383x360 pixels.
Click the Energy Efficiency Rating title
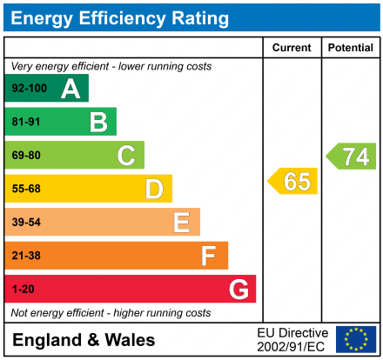coord(120,17)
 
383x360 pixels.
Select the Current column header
coord(292,48)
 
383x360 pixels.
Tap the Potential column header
coord(351,48)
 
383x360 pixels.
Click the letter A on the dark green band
coord(71,89)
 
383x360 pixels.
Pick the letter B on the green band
coord(98,122)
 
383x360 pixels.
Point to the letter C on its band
coord(126,156)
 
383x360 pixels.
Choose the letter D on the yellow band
coord(154,189)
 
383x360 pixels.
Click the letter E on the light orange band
coord(181,223)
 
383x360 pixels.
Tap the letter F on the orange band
coord(209,256)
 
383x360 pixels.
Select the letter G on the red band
coord(238,289)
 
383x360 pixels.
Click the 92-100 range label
coord(29,89)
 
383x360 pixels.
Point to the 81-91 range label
coord(26,123)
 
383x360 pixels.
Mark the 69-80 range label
coord(26,156)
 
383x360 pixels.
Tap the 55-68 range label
coord(26,189)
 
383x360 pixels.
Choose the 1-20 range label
coord(24,290)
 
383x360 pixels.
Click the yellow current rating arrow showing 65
coord(293,182)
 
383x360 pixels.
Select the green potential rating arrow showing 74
coord(352,157)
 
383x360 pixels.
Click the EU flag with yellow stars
coord(356,339)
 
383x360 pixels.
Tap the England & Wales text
coord(84,340)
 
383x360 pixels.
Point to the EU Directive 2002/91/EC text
coord(292,339)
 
